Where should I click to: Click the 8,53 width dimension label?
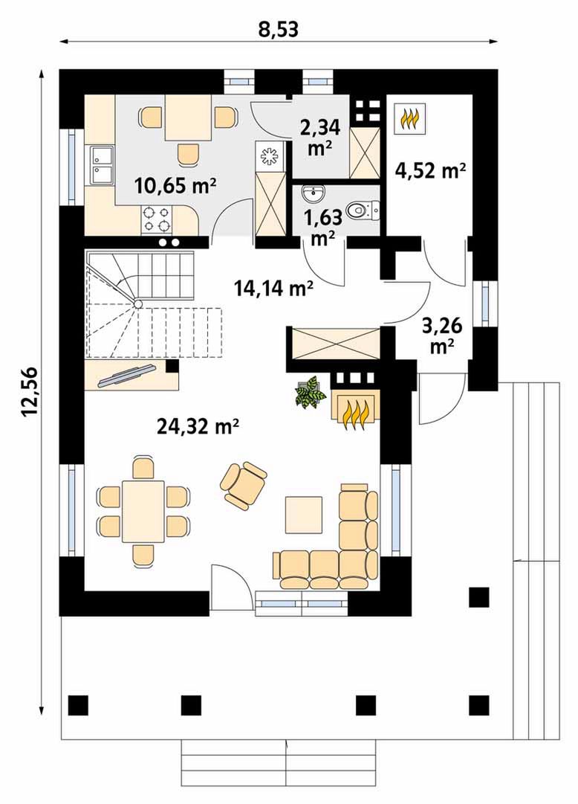pos(279,30)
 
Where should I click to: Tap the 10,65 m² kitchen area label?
pos(175,185)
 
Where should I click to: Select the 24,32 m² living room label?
pos(198,425)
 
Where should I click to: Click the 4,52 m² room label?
pos(430,170)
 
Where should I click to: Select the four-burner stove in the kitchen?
pos(156,218)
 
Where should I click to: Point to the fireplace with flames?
pos(356,406)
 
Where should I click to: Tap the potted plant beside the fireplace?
pos(310,392)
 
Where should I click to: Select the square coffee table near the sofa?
pos(304,515)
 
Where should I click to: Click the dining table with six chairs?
pos(143,511)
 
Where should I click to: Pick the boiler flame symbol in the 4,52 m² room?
pos(412,118)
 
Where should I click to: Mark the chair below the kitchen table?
pos(187,155)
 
